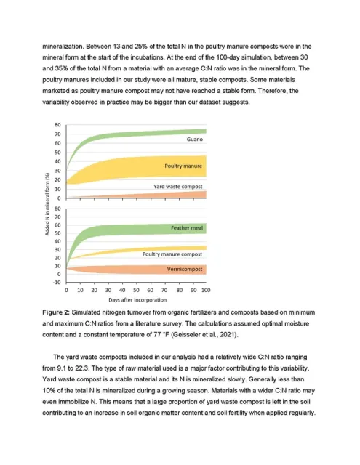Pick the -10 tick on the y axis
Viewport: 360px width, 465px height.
tap(57, 283)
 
